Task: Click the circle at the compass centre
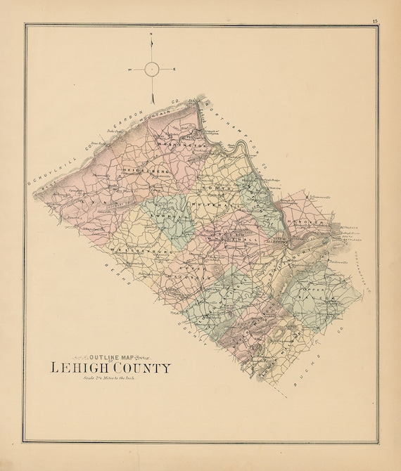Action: tap(153, 69)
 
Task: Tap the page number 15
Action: tap(375, 22)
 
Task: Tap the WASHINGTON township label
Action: tap(181, 144)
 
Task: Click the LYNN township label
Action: tap(89, 200)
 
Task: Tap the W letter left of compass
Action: tap(129, 69)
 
